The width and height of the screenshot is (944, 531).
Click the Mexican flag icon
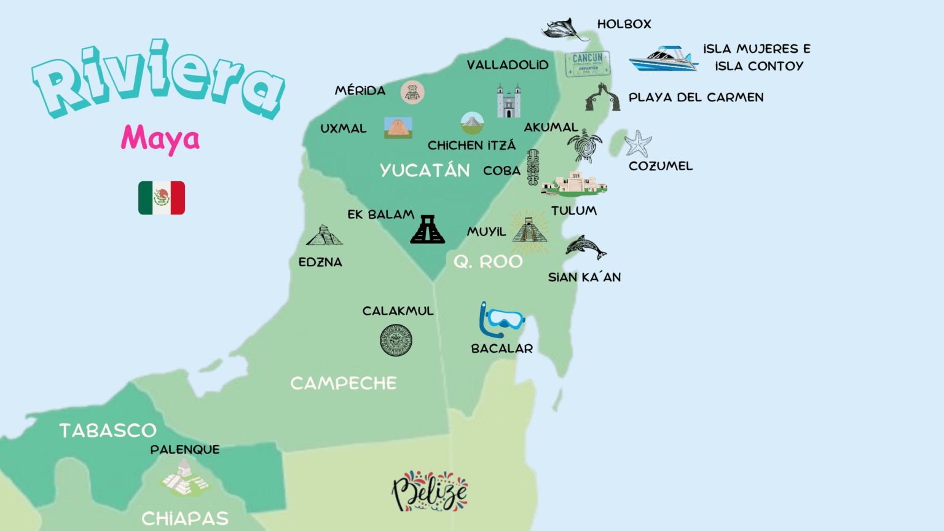(x=162, y=198)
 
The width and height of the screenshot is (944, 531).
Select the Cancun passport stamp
(x=588, y=64)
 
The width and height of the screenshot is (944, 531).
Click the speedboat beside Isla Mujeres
(x=663, y=60)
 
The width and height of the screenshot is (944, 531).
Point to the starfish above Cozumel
(x=638, y=144)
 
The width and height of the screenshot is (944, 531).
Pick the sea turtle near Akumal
(x=584, y=146)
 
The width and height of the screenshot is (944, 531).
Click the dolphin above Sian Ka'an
(x=585, y=248)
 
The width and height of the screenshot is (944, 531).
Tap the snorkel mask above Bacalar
(x=502, y=320)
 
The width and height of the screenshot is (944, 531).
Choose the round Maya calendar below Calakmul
(x=396, y=340)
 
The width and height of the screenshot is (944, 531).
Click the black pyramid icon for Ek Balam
(x=428, y=230)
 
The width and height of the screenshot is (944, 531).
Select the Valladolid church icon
(x=509, y=101)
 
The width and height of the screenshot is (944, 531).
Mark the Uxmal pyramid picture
(x=398, y=128)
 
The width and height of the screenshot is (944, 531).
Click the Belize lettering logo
(x=430, y=491)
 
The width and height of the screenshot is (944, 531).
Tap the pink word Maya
(x=160, y=139)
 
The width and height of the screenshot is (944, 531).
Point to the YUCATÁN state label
(x=425, y=170)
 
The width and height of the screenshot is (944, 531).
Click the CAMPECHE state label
(x=344, y=383)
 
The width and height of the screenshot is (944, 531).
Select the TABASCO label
(x=108, y=430)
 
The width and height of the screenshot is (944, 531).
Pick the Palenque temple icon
(x=184, y=479)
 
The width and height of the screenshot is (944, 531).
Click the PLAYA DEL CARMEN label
(x=696, y=97)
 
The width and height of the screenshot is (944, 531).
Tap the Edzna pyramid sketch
(x=324, y=235)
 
